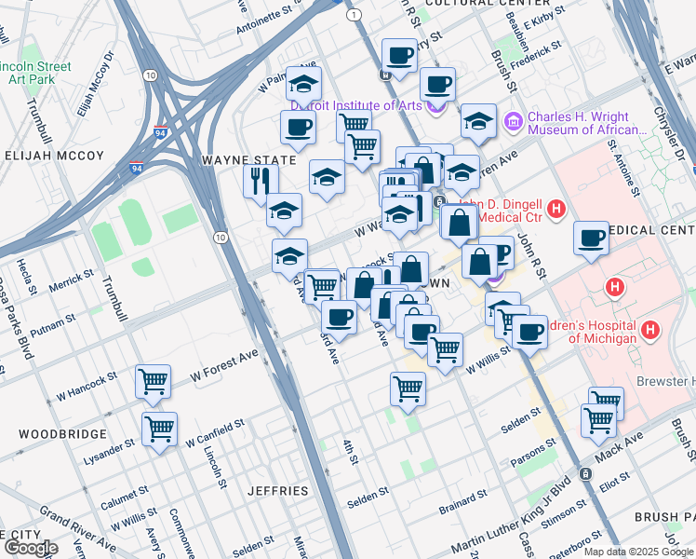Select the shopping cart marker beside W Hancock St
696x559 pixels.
pyautogui.click(x=154, y=380)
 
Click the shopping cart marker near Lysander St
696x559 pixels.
pyautogui.click(x=160, y=429)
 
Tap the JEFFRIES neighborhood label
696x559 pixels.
pyautogui.click(x=277, y=490)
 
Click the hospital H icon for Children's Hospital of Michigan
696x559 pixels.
pyautogui.click(x=650, y=330)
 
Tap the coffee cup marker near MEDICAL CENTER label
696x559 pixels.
pyautogui.click(x=592, y=239)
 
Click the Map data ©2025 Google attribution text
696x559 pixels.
pyautogui.click(x=637, y=552)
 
